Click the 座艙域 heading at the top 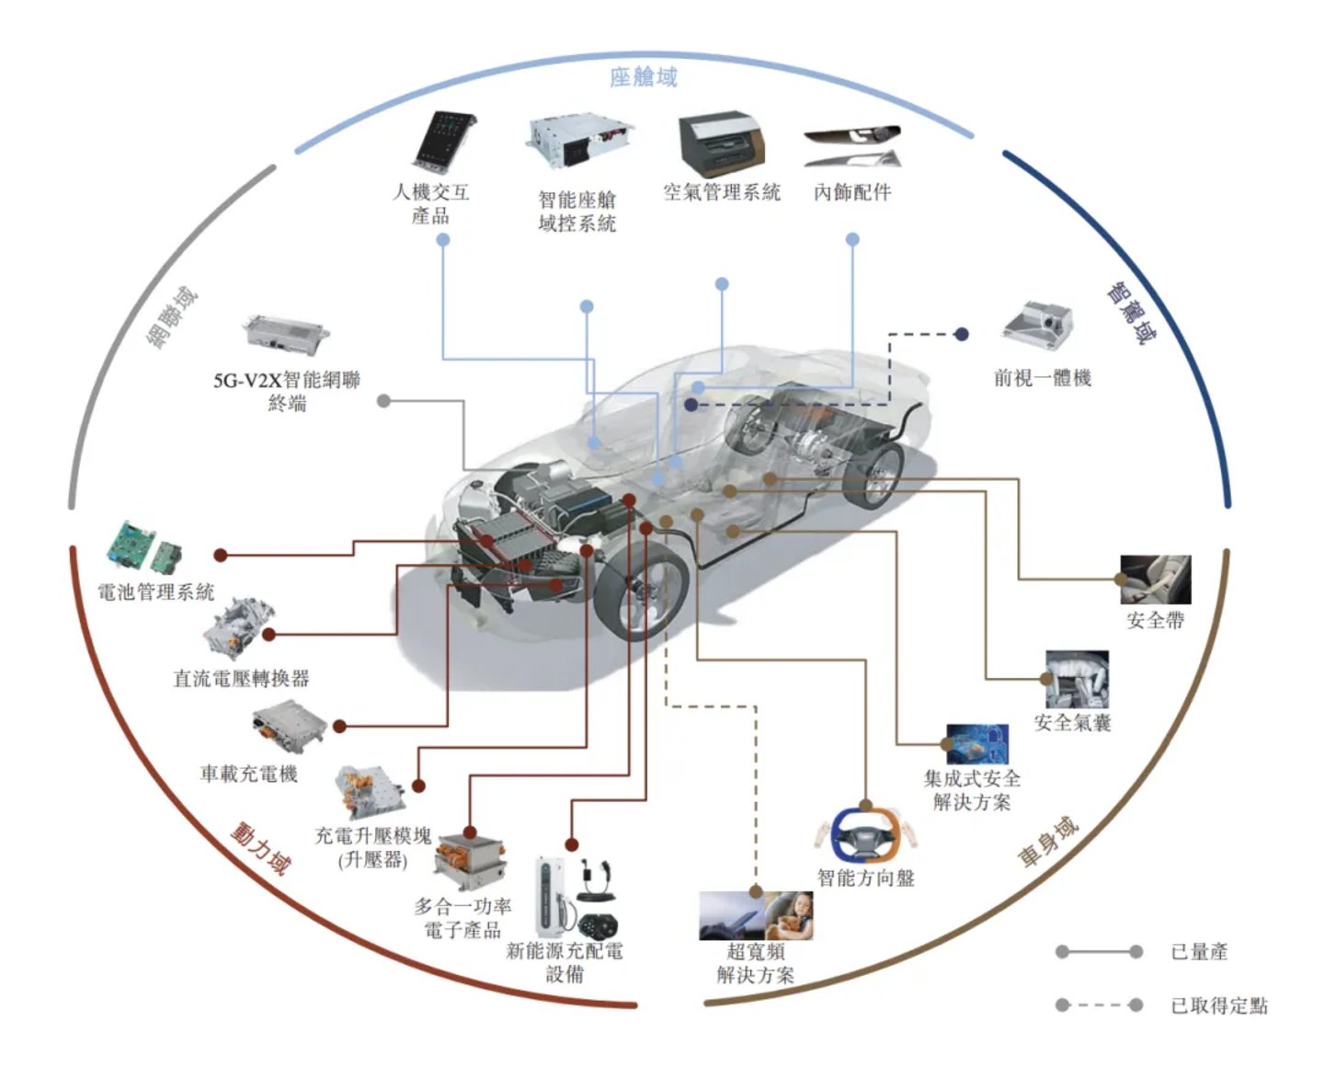643,78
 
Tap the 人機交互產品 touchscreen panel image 444,143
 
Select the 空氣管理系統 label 722,192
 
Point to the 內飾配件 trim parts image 851,146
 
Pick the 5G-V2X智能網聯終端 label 287,391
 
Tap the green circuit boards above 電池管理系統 145,550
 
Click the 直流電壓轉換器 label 241,678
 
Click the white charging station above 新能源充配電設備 551,896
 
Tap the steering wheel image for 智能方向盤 865,834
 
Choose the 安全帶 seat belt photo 1156,580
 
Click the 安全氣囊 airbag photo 1077,679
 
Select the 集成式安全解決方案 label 972,790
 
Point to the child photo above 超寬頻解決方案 789,915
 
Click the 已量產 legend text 1199,951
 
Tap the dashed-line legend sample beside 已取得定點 1099,1005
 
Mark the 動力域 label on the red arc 259,849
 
